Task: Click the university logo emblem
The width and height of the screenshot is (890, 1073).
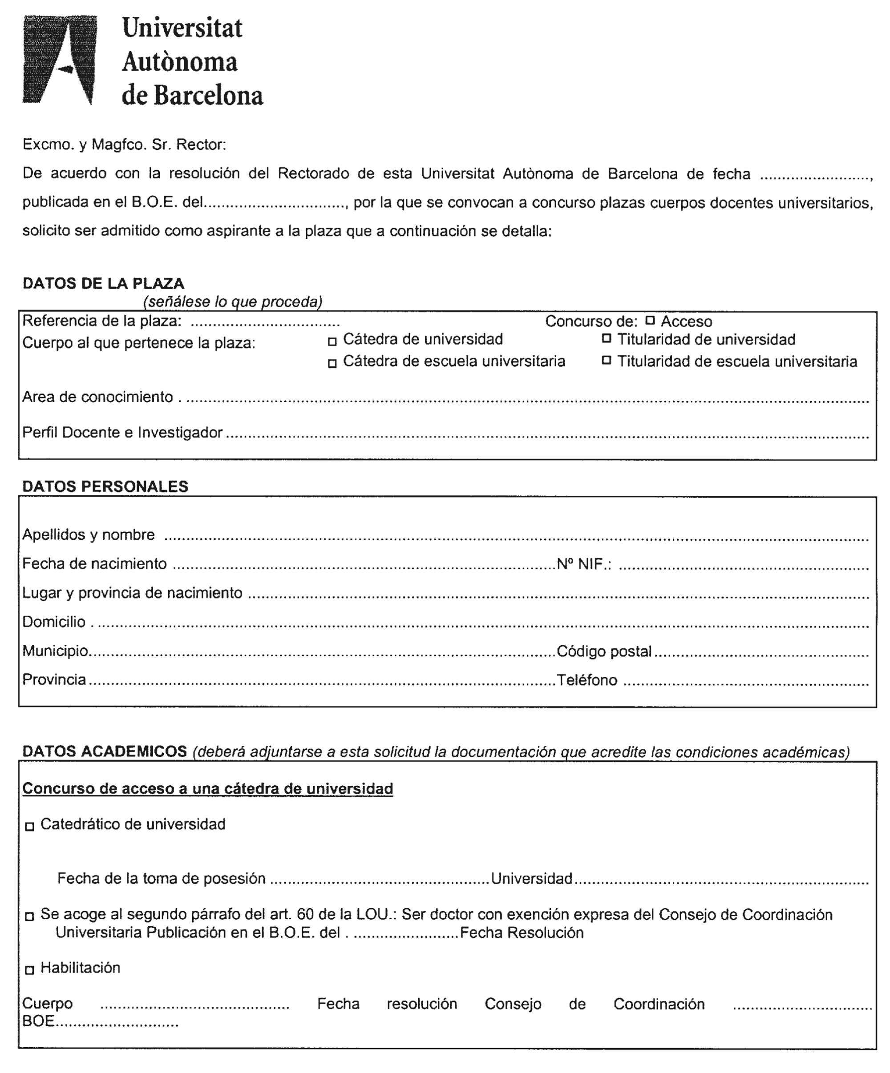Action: click(59, 60)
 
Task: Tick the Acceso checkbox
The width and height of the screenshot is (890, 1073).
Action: click(650, 320)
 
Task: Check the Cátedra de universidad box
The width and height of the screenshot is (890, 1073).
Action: click(332, 342)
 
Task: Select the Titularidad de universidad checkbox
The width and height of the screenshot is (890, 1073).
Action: click(606, 338)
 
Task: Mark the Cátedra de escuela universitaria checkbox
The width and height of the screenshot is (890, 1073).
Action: click(332, 363)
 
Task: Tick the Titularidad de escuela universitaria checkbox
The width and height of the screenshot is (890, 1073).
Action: click(606, 360)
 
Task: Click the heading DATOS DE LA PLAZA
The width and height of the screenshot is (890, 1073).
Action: click(103, 283)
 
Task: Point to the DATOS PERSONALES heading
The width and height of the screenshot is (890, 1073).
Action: click(105, 486)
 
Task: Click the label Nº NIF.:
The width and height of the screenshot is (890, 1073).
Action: click(584, 564)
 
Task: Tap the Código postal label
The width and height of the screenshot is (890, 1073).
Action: click(604, 651)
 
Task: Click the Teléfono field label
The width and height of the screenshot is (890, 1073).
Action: click(587, 680)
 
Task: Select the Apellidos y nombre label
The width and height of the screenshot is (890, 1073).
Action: click(89, 535)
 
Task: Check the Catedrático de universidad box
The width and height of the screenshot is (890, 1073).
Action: click(30, 827)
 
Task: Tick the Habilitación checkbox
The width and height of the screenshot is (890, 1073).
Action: click(30, 970)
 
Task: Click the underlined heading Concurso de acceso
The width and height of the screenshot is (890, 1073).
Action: click(207, 788)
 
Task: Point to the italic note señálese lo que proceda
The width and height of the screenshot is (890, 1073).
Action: click(233, 302)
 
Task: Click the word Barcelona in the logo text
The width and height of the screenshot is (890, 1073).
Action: click(209, 96)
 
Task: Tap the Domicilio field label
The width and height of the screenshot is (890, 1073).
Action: click(54, 622)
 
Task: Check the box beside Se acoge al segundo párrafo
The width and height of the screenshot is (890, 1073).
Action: click(30, 916)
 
